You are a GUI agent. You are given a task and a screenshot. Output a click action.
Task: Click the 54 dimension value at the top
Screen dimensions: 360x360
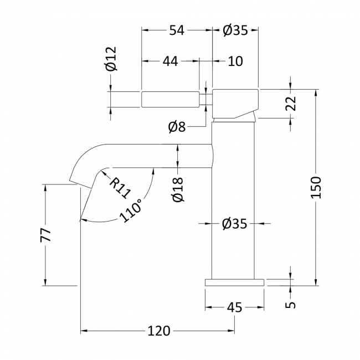click(177, 30)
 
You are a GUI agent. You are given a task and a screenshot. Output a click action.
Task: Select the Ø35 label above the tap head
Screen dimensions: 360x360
click(235, 30)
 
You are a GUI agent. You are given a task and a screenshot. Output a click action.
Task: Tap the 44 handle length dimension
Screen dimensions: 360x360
click(171, 61)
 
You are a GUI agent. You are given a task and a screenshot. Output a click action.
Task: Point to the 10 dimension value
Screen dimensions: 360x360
click(235, 61)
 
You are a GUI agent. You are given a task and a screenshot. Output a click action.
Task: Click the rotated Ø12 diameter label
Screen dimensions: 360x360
click(111, 59)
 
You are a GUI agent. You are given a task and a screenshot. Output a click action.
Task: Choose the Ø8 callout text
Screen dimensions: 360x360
click(177, 127)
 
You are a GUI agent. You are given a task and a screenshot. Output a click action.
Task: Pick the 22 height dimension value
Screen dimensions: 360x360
click(291, 104)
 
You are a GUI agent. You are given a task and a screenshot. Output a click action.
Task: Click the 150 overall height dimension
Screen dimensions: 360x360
click(316, 187)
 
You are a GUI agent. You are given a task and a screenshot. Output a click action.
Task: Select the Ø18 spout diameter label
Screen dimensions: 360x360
click(178, 189)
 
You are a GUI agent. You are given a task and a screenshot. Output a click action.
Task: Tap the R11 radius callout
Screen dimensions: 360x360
click(120, 188)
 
